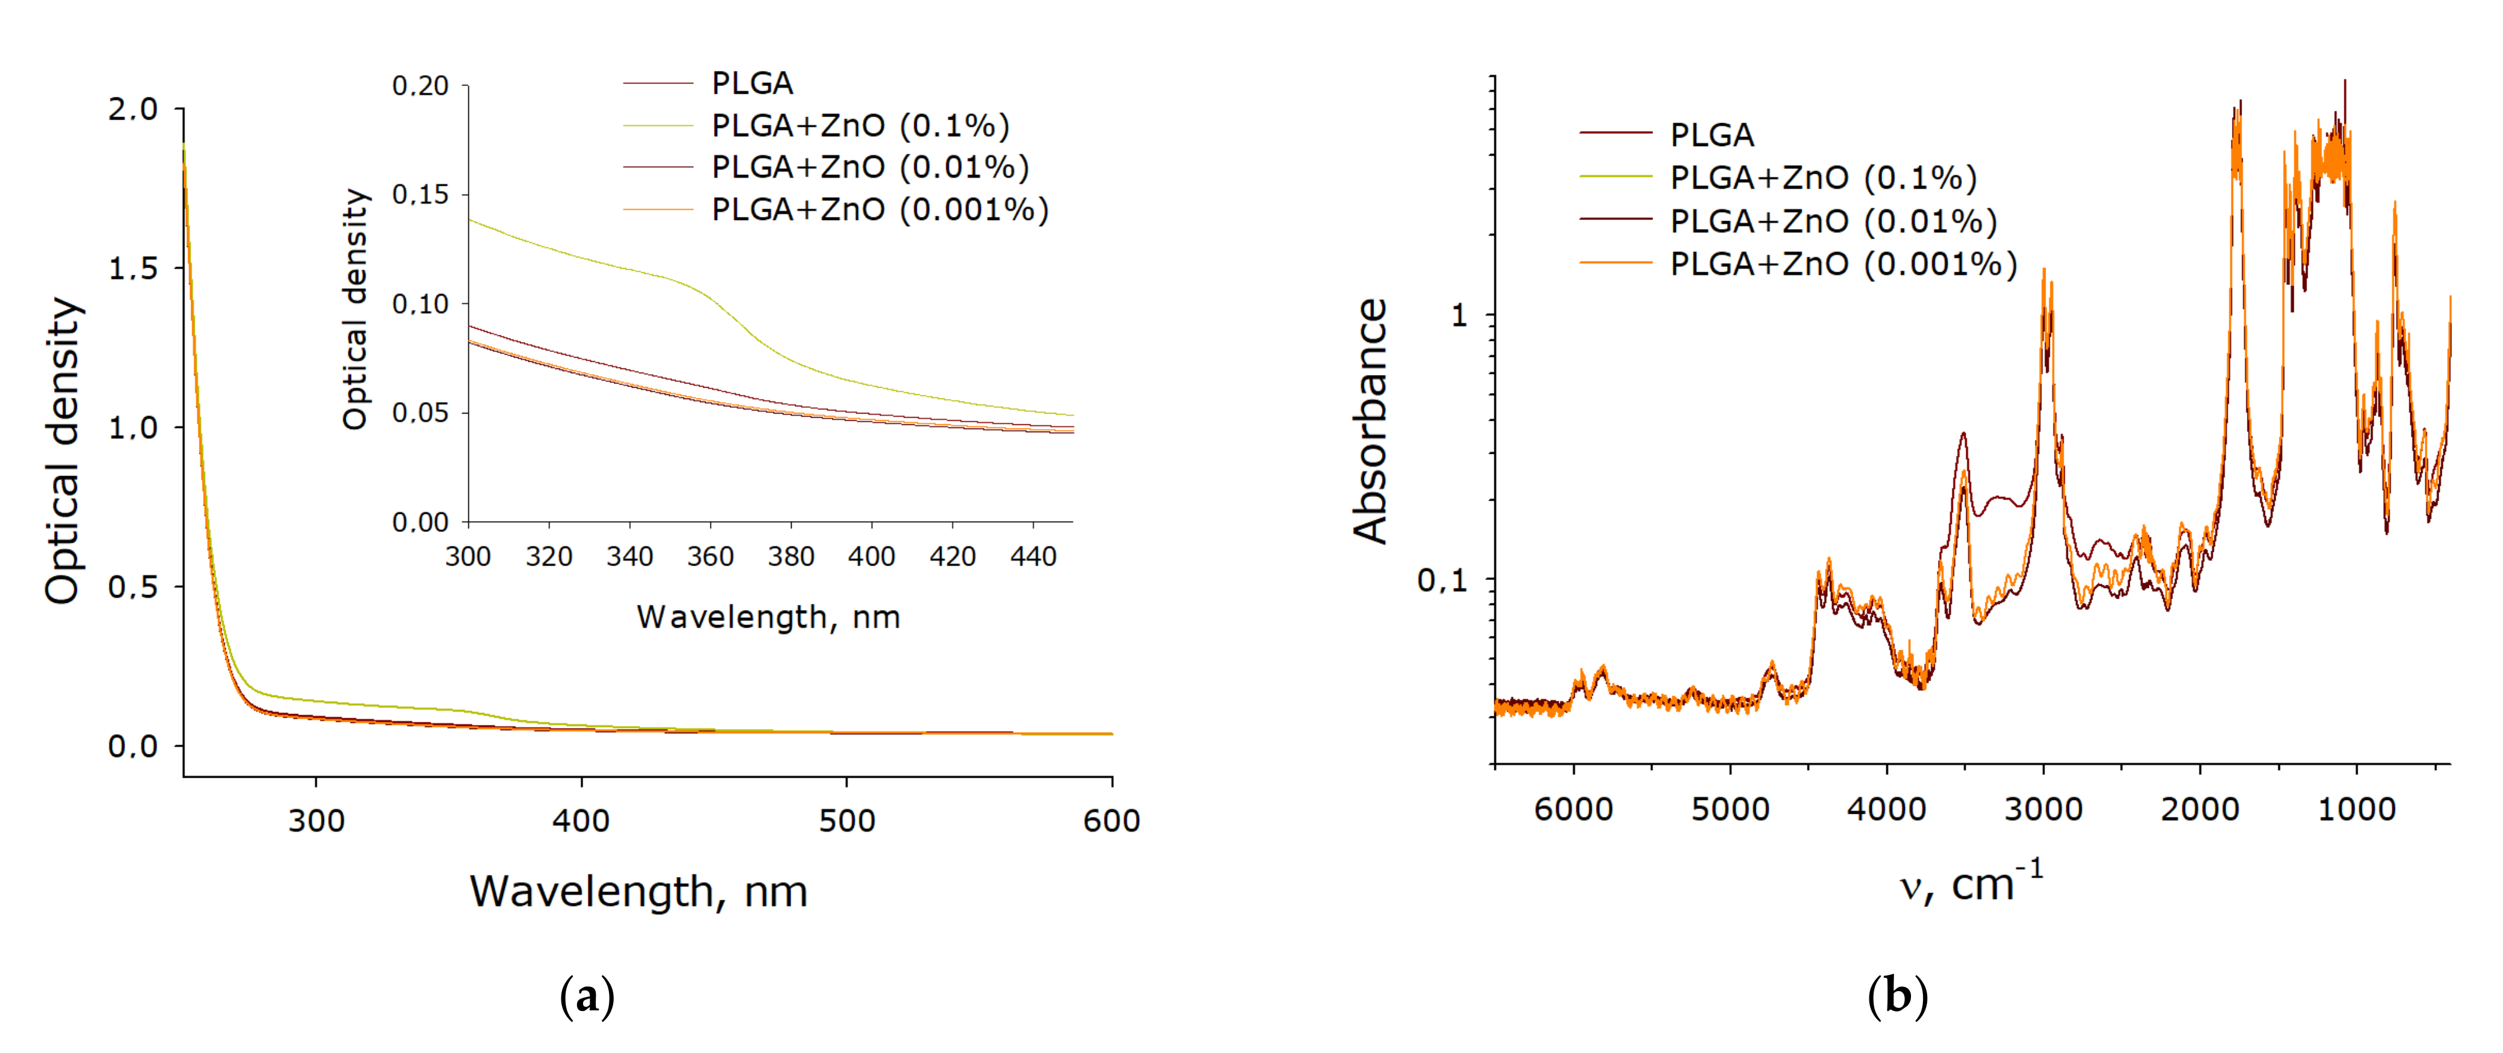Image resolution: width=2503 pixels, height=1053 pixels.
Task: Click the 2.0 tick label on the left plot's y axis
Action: pyautogui.click(x=132, y=109)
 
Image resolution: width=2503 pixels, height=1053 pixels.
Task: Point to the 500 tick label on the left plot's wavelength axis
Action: pyautogui.click(x=846, y=821)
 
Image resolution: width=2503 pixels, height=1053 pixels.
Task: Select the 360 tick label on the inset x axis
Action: pyautogui.click(x=711, y=557)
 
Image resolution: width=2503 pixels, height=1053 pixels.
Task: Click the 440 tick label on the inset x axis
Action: pyautogui.click(x=1033, y=557)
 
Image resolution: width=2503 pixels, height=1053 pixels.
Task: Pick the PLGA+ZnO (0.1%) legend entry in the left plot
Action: pyautogui.click(x=860, y=125)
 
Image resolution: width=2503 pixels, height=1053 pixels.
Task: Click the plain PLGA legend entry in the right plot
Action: pyautogui.click(x=1711, y=134)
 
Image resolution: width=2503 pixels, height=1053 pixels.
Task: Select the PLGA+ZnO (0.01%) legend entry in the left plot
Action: pyautogui.click(x=870, y=167)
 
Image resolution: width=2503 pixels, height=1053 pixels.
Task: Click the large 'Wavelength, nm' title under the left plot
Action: pyautogui.click(x=638, y=891)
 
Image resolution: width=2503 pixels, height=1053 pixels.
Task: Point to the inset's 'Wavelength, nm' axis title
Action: pyautogui.click(x=768, y=617)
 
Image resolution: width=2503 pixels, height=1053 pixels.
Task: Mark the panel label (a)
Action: pyautogui.click(x=587, y=997)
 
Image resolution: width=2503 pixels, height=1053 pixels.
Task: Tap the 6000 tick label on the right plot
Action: pyautogui.click(x=1573, y=809)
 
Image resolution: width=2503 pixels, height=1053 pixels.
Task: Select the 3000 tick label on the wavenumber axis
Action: pyautogui.click(x=2043, y=809)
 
